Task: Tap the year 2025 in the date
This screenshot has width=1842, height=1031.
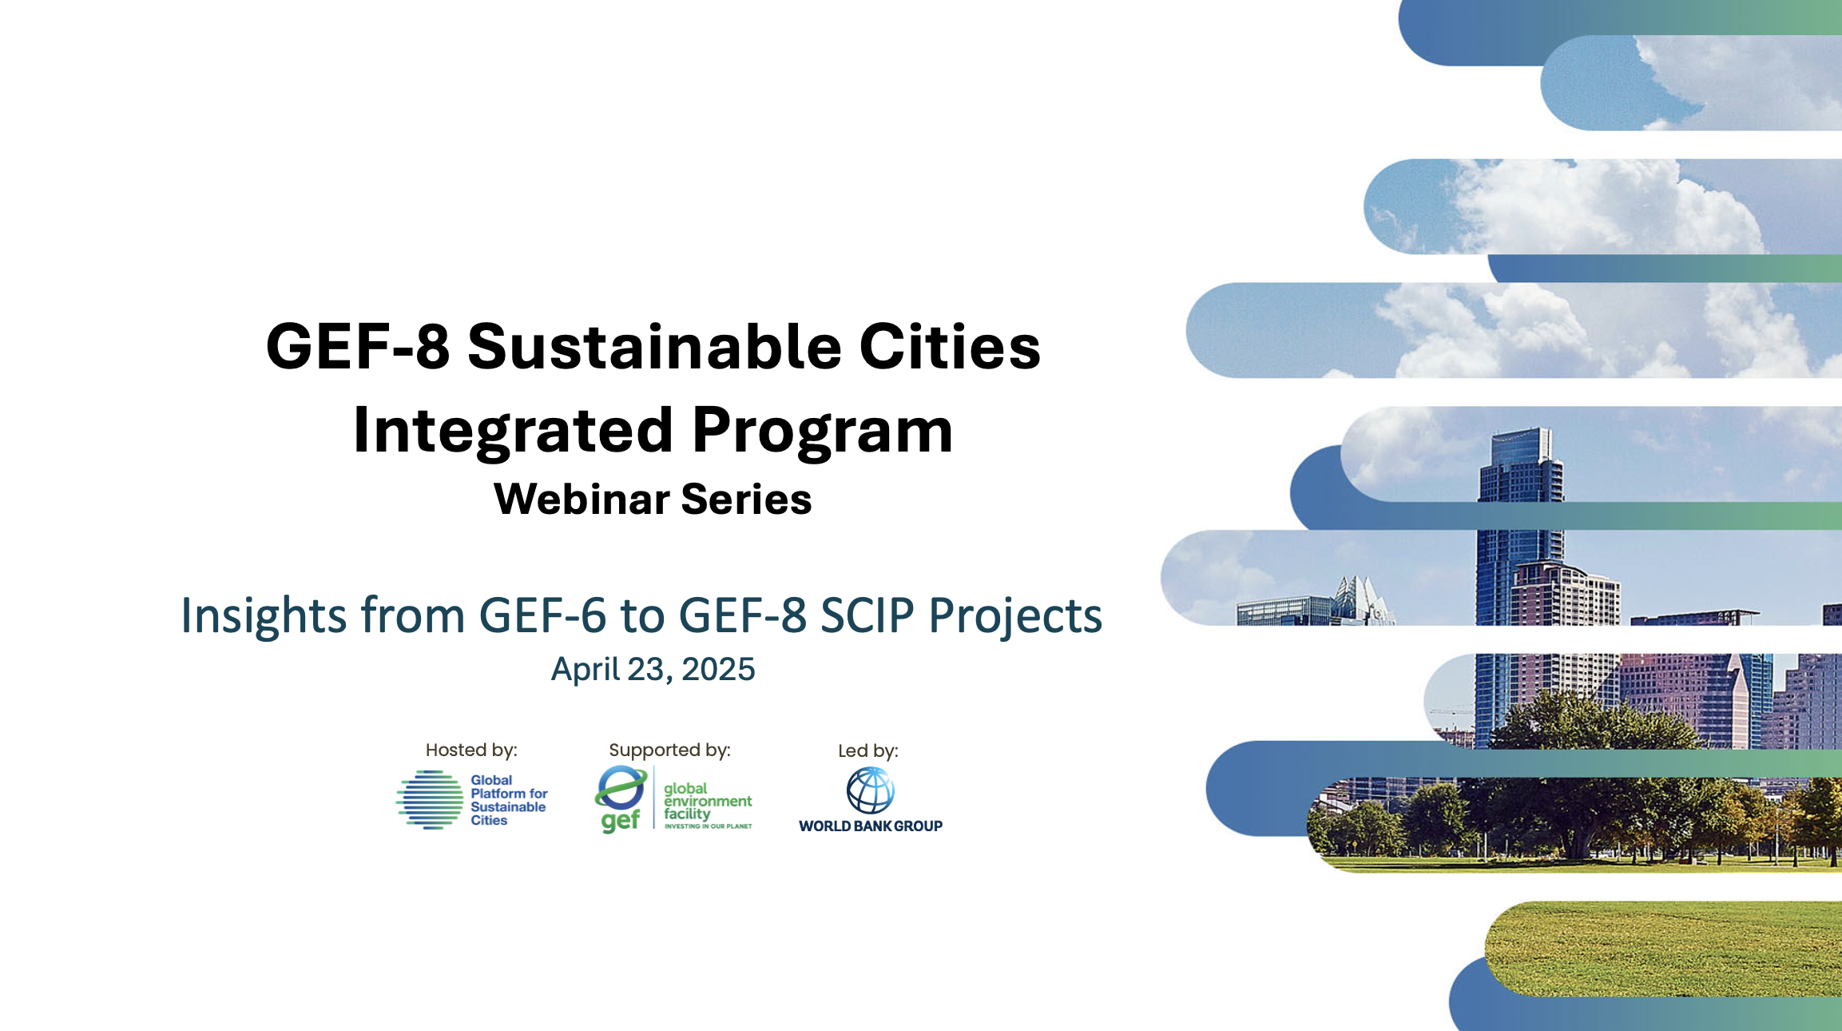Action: (x=717, y=669)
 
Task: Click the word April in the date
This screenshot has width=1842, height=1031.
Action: (x=585, y=670)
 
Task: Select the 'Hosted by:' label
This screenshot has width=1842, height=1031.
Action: (x=471, y=750)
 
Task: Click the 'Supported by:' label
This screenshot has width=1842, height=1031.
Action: (x=669, y=750)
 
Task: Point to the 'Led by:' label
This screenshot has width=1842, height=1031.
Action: (x=868, y=750)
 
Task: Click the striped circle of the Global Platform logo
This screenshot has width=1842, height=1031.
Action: (x=430, y=799)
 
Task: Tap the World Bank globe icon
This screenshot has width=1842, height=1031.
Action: (x=870, y=790)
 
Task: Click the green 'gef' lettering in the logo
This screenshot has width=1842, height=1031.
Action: (x=621, y=821)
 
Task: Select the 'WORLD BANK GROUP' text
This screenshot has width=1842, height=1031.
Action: (x=871, y=826)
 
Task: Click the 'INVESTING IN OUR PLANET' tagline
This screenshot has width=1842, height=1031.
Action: (x=708, y=826)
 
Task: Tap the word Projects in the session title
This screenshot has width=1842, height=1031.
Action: (x=1015, y=616)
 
